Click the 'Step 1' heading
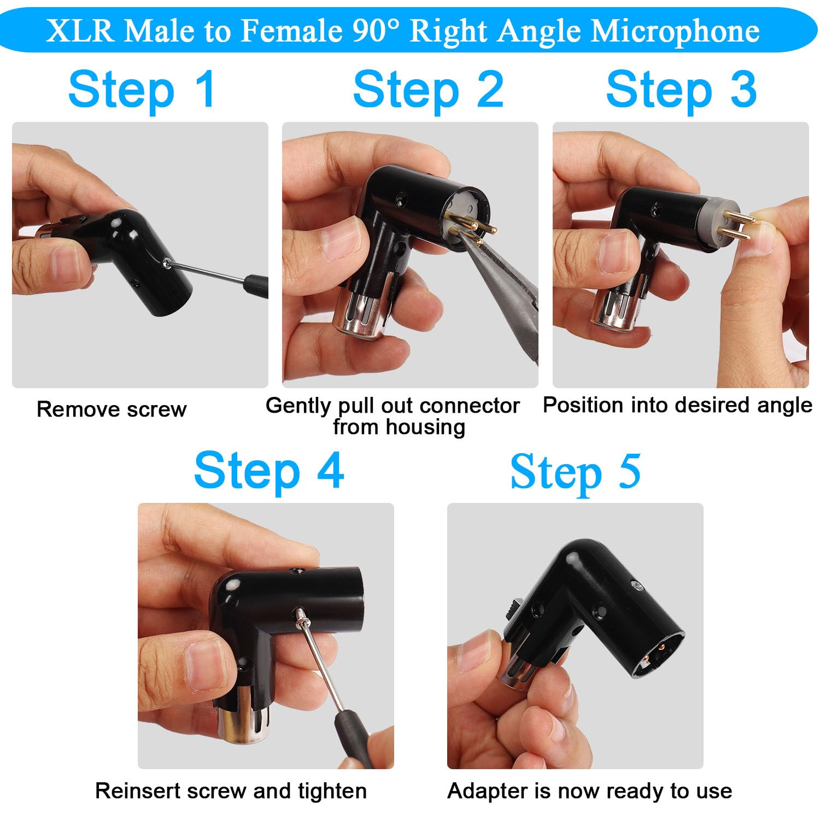pos(142,90)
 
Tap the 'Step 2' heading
pos(428,90)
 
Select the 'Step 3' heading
pos(681,90)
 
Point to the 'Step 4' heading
pos(269,470)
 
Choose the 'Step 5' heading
pos(575,471)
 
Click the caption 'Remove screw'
pos(112,409)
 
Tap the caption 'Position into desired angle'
pos(677,405)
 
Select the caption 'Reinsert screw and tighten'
pos(231,791)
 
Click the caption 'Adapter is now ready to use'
pos(589,791)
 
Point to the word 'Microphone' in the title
pos(676,31)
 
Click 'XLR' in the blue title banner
pos(80,31)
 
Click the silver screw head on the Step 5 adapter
pos(635,586)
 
